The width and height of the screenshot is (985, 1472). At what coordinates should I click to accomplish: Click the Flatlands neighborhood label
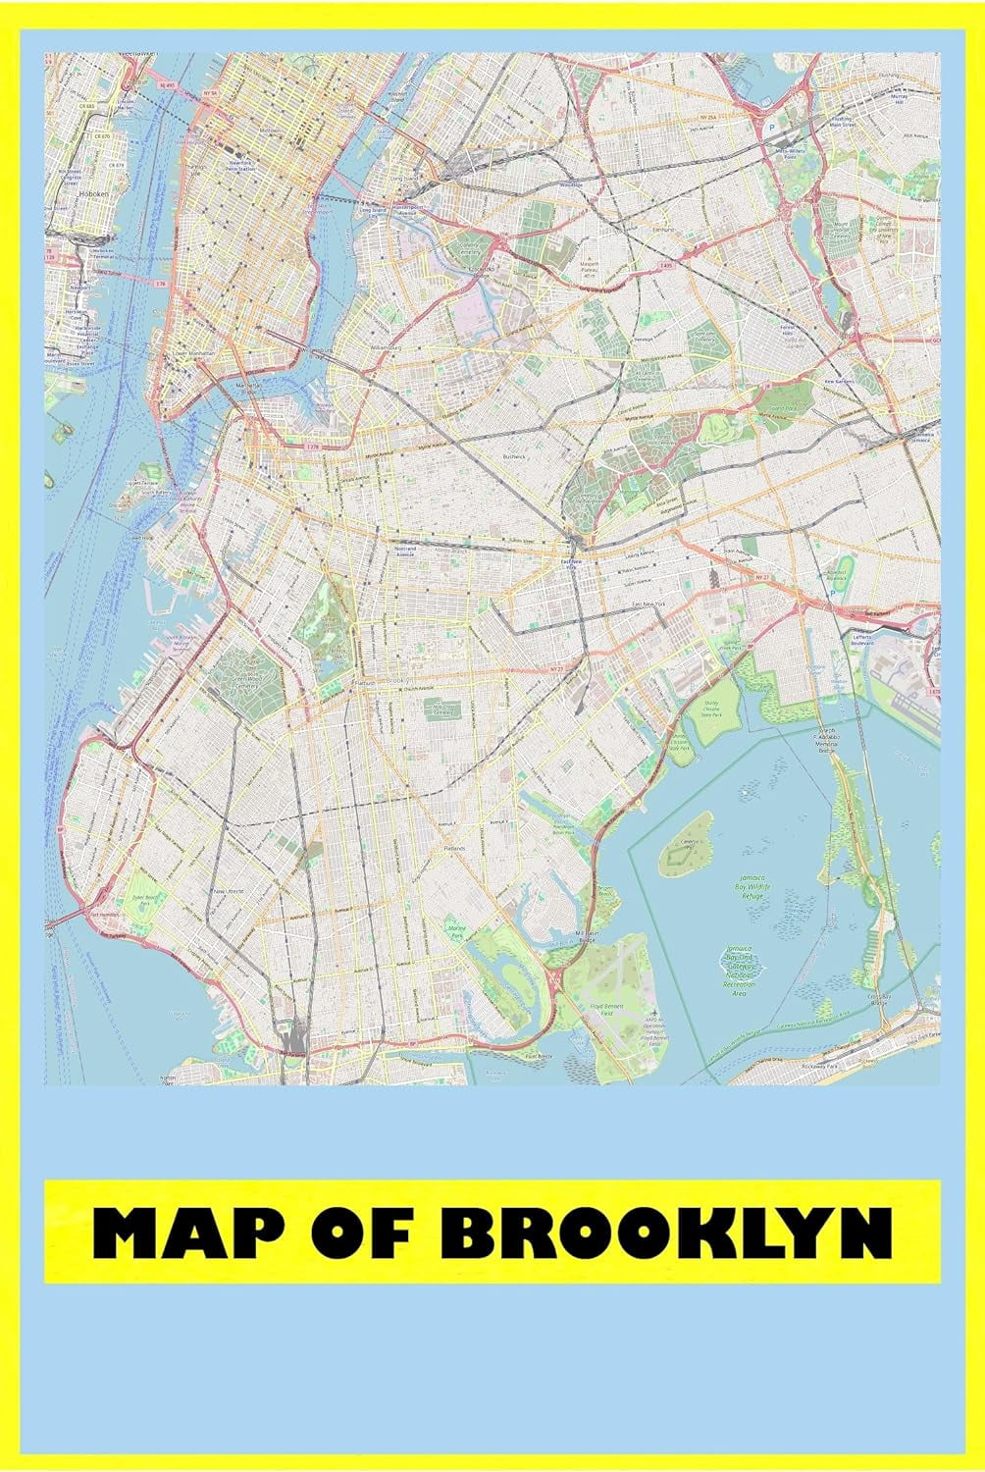point(453,848)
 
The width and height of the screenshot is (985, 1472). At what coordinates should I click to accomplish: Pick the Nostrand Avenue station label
point(405,550)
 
